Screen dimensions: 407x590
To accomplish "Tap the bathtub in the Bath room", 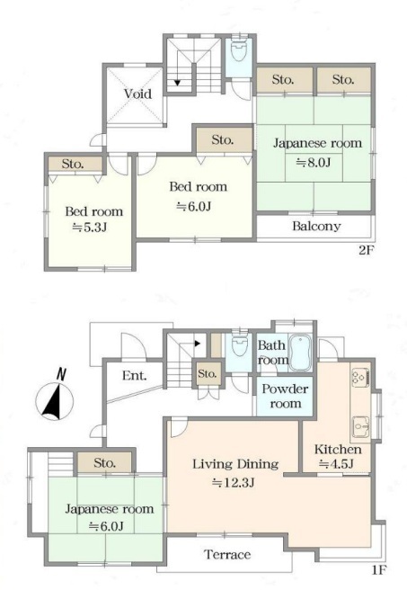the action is pyautogui.click(x=300, y=353).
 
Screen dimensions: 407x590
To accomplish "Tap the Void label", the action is pyautogui.click(x=138, y=94).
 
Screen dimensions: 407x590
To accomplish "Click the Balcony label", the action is pyautogui.click(x=316, y=226).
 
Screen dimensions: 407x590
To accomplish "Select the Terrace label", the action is pyautogui.click(x=227, y=554).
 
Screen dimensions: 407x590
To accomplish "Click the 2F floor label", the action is pyautogui.click(x=367, y=250).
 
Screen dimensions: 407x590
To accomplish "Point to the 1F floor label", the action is pyautogui.click(x=379, y=570).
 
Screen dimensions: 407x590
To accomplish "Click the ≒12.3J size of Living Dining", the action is pyautogui.click(x=233, y=482).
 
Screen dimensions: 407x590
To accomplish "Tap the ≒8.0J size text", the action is pyautogui.click(x=314, y=163).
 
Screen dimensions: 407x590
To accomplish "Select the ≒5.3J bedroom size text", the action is pyautogui.click(x=90, y=228).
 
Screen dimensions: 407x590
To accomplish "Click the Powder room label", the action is pyautogui.click(x=285, y=396).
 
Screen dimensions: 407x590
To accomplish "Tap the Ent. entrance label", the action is pyautogui.click(x=134, y=375).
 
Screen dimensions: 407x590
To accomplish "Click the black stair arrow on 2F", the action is pyautogui.click(x=177, y=83).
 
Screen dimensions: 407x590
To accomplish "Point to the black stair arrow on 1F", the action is pyautogui.click(x=198, y=344).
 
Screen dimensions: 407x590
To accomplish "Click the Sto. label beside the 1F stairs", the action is pyautogui.click(x=207, y=373).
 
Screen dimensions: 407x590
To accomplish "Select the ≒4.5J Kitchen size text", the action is pyautogui.click(x=336, y=464).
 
